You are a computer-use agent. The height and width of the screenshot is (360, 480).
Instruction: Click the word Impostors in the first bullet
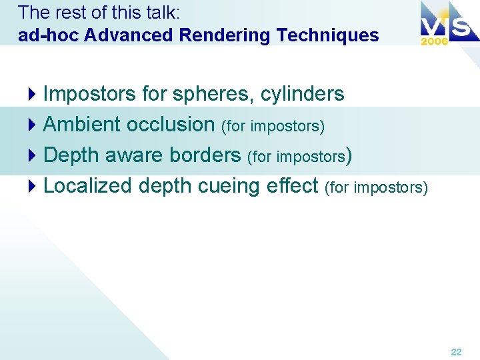(90, 94)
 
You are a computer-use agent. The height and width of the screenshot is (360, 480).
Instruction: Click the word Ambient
(81, 124)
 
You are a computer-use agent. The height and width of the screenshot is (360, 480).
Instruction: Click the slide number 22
(456, 351)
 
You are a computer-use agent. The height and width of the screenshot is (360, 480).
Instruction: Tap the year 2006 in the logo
(434, 41)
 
